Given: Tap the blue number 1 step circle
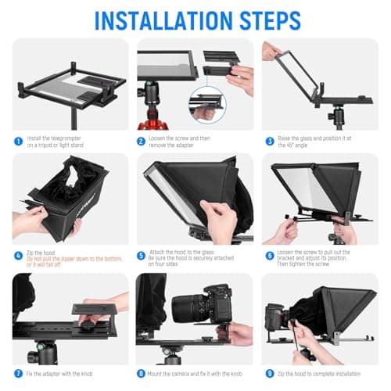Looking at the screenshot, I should [17, 142].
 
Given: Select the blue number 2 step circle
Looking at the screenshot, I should [142, 142].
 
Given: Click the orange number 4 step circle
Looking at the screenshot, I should [17, 255].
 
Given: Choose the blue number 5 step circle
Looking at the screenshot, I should [142, 255].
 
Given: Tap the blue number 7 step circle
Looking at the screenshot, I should [17, 373].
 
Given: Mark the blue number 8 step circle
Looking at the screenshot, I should [142, 373].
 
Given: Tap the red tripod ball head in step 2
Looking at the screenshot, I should [149, 117].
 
